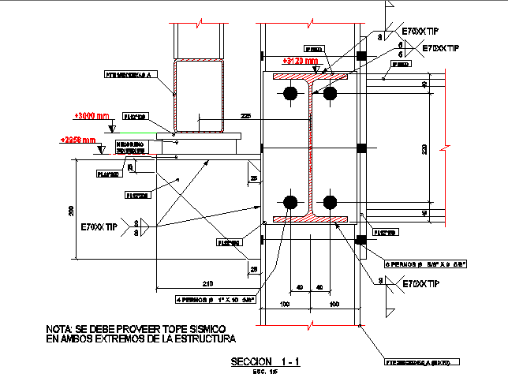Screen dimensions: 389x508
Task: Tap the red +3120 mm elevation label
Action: [x=301, y=60]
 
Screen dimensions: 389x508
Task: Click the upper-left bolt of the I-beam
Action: [x=290, y=94]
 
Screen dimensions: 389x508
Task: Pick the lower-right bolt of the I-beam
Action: [x=330, y=201]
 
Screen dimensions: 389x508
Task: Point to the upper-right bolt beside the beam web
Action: [x=330, y=94]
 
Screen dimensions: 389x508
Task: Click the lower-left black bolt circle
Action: [x=290, y=201]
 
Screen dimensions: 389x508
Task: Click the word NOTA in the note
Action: [x=59, y=327]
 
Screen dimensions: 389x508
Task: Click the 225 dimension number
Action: [x=246, y=117]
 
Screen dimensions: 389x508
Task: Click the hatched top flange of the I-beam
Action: [x=310, y=78]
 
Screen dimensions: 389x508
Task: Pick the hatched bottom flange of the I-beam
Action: [x=310, y=218]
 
